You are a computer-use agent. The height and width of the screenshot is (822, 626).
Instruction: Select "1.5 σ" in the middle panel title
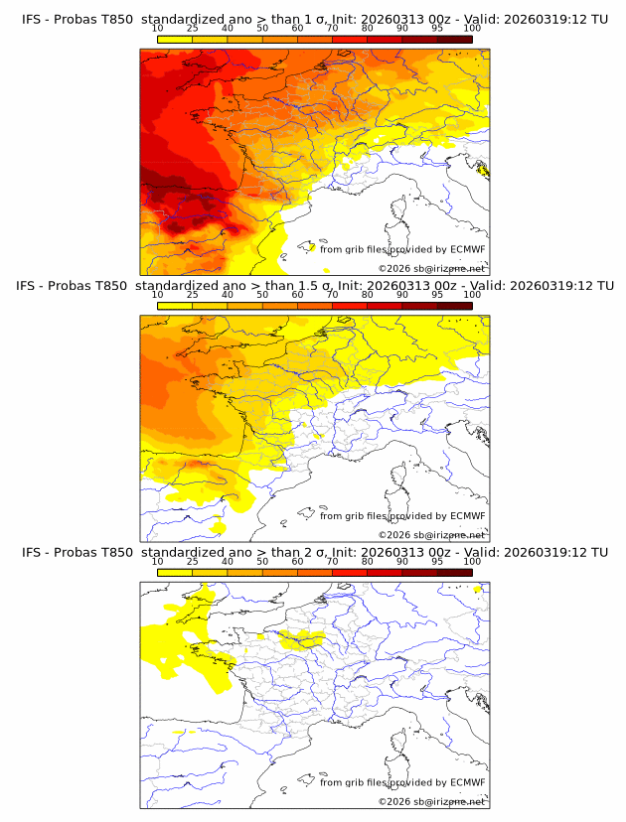[x=330, y=286]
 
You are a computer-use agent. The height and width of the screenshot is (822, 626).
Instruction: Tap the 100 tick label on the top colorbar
[x=472, y=29]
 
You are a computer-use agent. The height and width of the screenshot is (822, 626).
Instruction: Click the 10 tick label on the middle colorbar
[x=158, y=295]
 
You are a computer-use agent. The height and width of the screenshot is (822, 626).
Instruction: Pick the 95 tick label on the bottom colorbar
[x=437, y=562]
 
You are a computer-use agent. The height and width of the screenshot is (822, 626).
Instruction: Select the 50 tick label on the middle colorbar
[x=262, y=295]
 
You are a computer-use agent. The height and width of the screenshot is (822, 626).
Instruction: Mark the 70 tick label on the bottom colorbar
[x=332, y=562]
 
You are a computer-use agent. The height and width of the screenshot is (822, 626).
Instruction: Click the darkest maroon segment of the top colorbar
[x=454, y=39]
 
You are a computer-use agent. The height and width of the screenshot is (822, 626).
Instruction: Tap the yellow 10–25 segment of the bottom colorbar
[x=175, y=572]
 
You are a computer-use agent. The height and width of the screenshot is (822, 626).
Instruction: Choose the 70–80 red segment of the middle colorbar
[x=349, y=305]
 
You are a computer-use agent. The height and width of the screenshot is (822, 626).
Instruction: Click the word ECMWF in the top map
[x=467, y=250]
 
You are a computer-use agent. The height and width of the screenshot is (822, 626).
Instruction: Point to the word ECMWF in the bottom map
[x=467, y=782]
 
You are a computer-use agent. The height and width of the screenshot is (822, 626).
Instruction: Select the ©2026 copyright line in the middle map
[x=431, y=534]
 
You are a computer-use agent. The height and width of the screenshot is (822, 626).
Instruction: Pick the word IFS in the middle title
[x=33, y=286]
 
